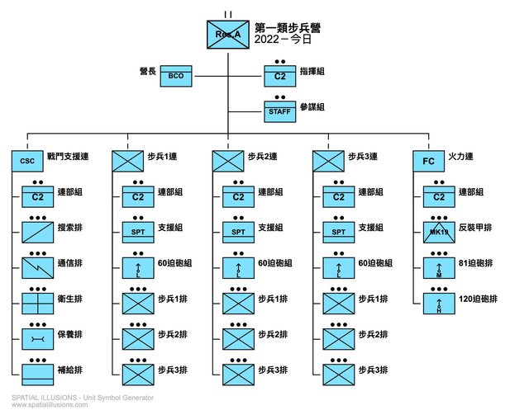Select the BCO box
pos(175,76)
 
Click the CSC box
pos(27,160)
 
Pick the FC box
pos(427,160)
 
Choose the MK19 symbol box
pos(439,231)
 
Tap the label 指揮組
pos(311,73)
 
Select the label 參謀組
pos(311,108)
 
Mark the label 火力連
pos(460,155)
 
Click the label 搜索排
pos(69,229)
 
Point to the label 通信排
pos(69,264)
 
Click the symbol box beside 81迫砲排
pos(439,267)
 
